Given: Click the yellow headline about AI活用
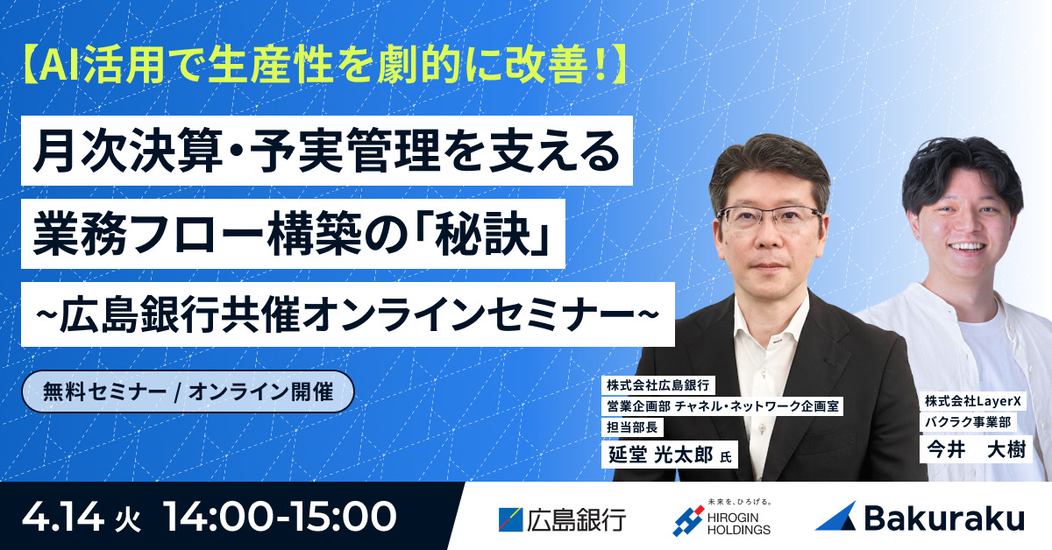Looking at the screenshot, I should coord(323,67).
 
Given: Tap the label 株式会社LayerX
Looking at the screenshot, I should coord(970,400).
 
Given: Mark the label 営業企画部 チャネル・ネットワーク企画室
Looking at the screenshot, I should coord(723,406).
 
